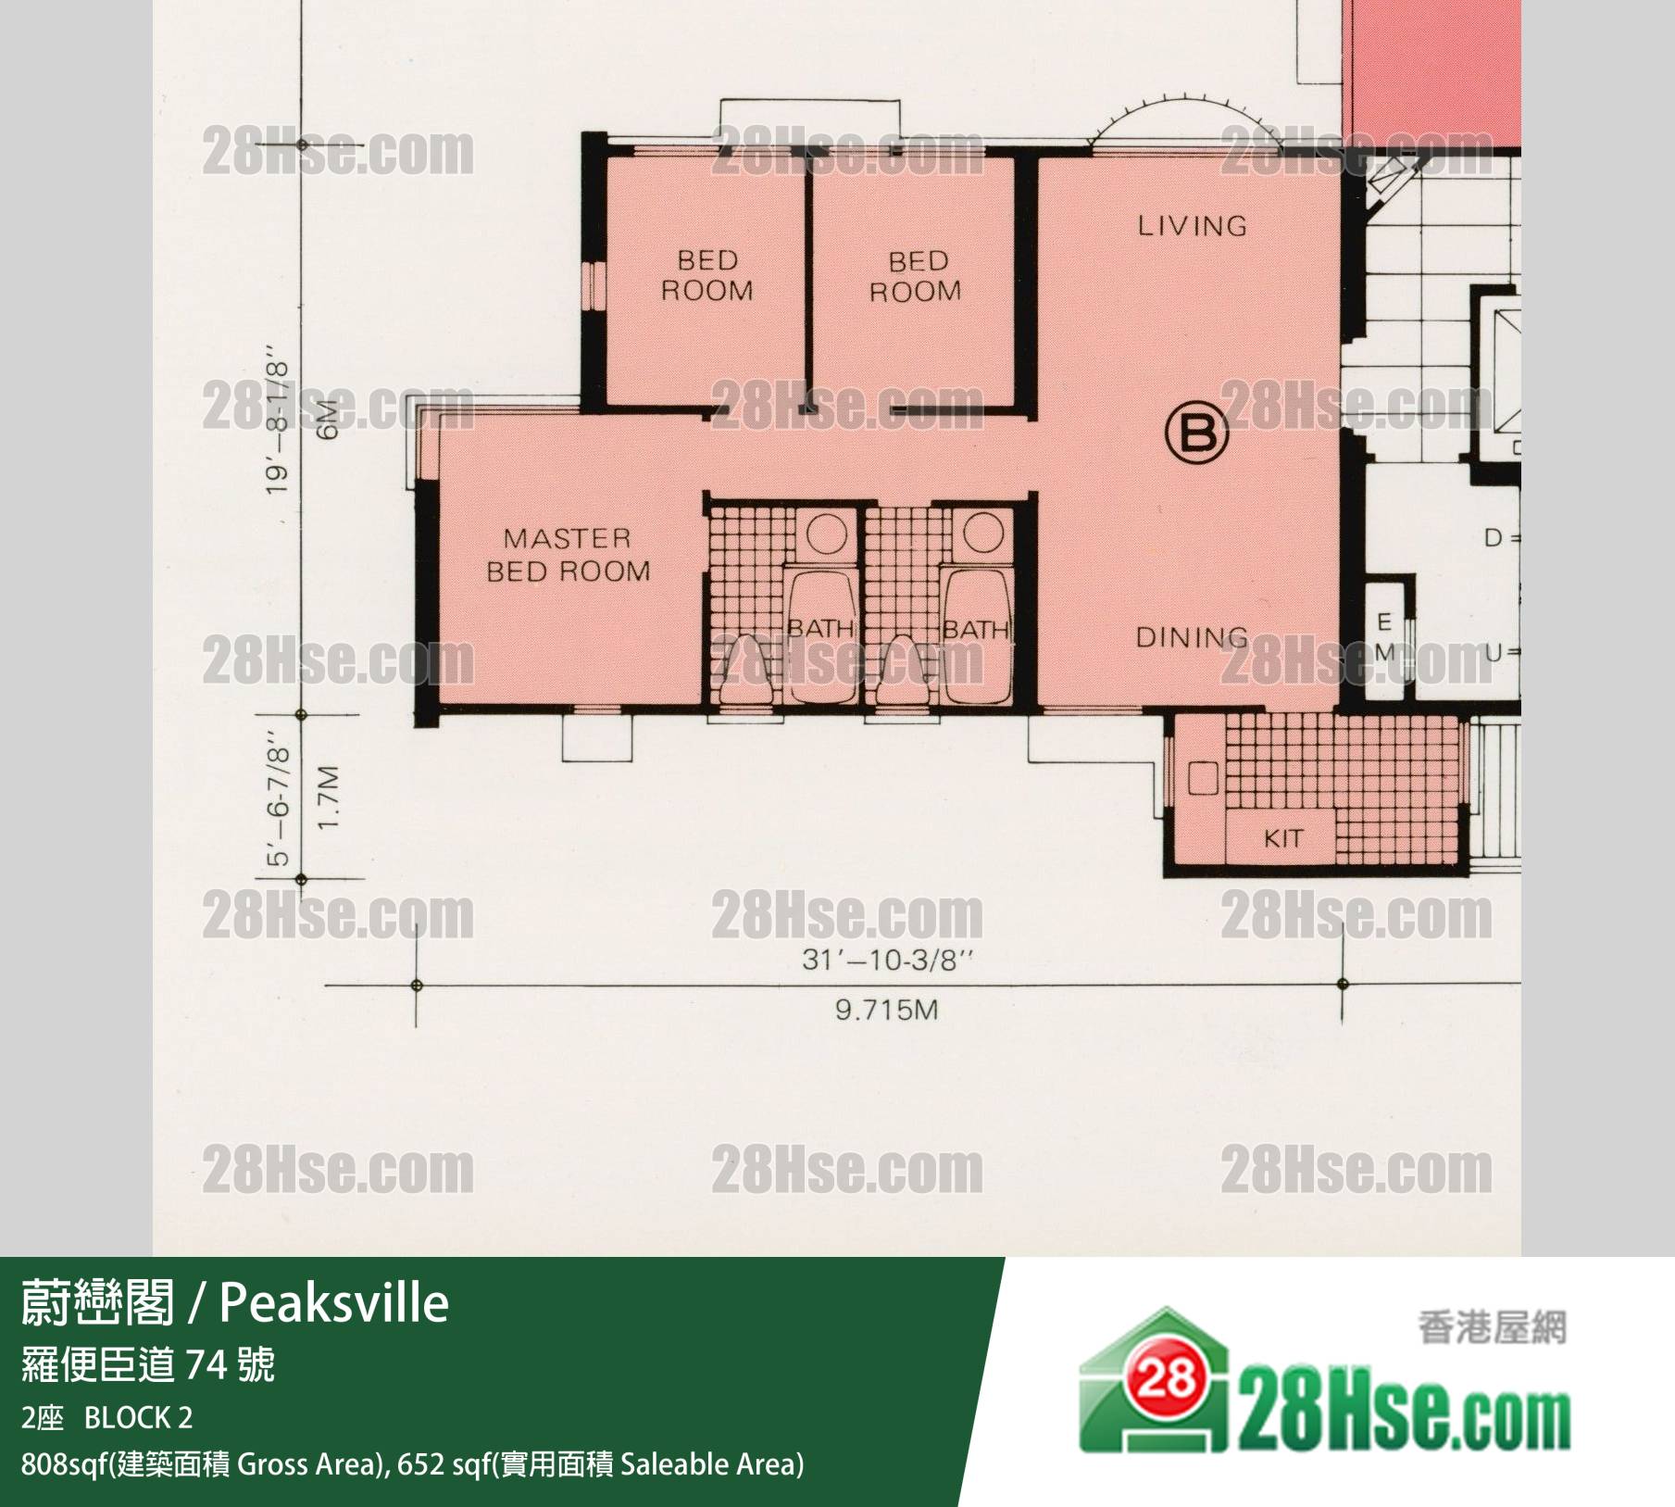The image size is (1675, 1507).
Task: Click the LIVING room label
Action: pos(1193,225)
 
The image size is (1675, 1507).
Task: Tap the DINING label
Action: pos(1193,637)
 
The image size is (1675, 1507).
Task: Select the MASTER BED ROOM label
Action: pos(568,555)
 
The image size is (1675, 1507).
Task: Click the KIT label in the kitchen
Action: pos(1283,839)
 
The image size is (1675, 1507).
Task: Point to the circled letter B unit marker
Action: pos(1197,433)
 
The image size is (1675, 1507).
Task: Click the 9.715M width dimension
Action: pos(887,1010)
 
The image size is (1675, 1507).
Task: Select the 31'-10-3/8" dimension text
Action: pos(887,960)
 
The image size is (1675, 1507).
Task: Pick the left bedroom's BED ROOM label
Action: pos(707,276)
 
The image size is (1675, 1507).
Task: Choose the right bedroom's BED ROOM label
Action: pos(916,277)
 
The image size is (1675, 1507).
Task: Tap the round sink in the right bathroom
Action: pos(982,534)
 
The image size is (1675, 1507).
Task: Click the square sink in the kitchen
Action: pos(1204,778)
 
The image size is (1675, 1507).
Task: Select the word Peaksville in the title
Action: pos(334,1304)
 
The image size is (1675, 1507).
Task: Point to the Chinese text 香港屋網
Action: pos(1492,1329)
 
